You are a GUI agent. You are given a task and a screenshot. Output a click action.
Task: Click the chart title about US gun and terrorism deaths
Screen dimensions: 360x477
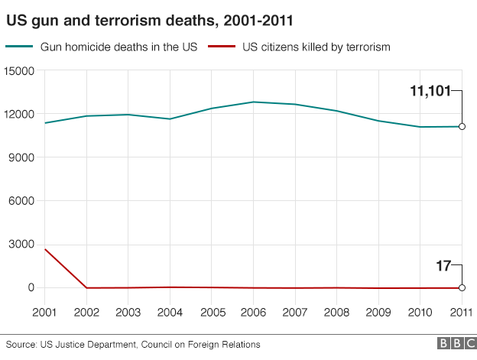click(149, 17)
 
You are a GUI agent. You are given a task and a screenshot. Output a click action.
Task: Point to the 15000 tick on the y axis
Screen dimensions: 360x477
click(20, 71)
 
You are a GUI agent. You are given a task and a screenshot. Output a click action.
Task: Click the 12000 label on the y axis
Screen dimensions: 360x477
click(20, 115)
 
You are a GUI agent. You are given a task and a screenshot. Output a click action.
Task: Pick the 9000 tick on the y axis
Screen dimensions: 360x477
click(23, 157)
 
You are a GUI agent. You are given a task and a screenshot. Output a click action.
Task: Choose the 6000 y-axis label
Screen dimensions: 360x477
click(23, 201)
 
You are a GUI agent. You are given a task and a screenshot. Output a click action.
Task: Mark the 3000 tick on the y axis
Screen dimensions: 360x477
click(23, 245)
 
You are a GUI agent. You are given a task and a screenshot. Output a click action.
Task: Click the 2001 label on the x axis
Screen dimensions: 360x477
click(44, 312)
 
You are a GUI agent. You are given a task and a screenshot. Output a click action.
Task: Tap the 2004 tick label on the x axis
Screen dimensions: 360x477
click(170, 312)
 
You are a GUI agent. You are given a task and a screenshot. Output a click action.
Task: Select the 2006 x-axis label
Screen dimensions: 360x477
click(253, 312)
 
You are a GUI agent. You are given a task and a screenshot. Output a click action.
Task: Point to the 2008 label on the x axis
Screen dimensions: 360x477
click(336, 312)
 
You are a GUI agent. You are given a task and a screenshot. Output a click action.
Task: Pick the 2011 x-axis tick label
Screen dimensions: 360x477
click(461, 312)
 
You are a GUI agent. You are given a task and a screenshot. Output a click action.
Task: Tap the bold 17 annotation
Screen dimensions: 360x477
click(443, 266)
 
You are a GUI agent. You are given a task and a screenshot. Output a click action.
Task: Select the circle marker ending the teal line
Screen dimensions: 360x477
click(462, 127)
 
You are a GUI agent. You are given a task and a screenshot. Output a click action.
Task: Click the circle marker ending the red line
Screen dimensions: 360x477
click(462, 287)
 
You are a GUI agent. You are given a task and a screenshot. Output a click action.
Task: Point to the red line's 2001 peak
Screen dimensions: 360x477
click(45, 249)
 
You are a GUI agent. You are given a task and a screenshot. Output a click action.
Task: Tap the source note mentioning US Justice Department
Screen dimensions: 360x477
click(134, 345)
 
